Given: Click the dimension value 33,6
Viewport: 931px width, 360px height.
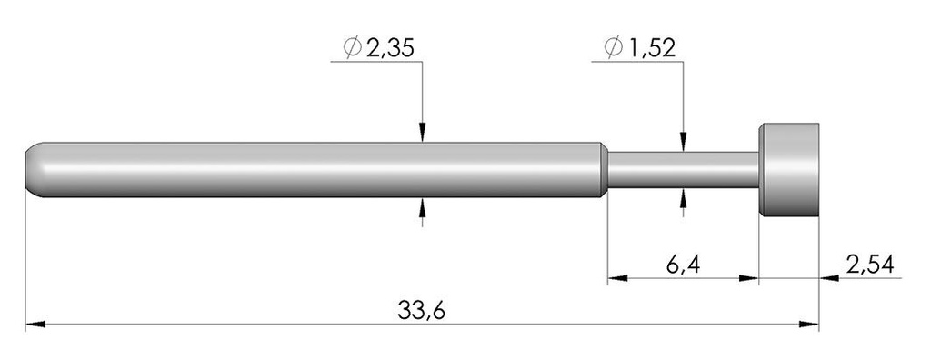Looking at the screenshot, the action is click(x=422, y=310).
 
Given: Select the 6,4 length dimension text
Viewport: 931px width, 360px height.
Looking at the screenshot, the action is click(x=683, y=265).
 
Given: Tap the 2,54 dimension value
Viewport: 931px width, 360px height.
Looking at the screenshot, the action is click(x=870, y=265).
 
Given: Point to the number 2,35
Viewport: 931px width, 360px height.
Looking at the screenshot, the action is click(x=390, y=48).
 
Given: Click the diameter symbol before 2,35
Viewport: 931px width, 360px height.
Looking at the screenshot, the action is click(x=352, y=48).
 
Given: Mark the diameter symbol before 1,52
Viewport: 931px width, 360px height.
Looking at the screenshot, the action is click(x=613, y=48).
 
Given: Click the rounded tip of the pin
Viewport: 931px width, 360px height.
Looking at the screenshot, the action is click(x=33, y=169).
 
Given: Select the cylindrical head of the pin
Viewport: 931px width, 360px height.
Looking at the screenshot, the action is click(x=789, y=169).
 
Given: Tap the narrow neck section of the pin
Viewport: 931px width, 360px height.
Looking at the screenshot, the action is click(x=683, y=169).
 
